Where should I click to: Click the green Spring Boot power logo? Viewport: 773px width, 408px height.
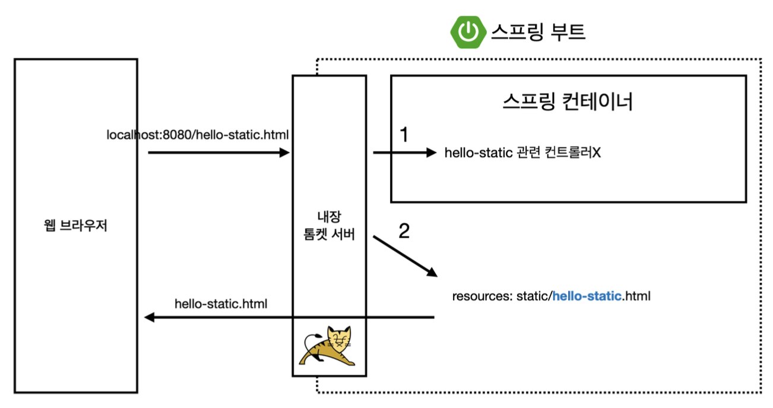click(x=468, y=31)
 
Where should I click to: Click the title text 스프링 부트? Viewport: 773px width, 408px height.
click(x=538, y=31)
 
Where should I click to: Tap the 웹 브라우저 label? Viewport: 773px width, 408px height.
click(x=75, y=226)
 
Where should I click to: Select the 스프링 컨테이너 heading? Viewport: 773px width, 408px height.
click(x=568, y=102)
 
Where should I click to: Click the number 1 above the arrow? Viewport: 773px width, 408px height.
click(x=404, y=136)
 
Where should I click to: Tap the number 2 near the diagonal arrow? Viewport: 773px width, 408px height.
click(x=404, y=231)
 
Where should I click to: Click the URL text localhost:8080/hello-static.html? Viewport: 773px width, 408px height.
click(x=198, y=135)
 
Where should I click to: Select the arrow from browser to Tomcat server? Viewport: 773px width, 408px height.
click(x=218, y=153)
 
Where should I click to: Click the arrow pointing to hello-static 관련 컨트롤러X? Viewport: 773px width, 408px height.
click(x=404, y=153)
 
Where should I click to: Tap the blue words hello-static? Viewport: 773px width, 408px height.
click(x=587, y=295)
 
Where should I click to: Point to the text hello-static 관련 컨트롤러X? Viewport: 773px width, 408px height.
click(x=522, y=153)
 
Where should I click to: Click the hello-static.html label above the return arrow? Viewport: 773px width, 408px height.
click(x=221, y=304)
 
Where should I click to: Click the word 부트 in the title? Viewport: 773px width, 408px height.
click(x=568, y=31)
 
